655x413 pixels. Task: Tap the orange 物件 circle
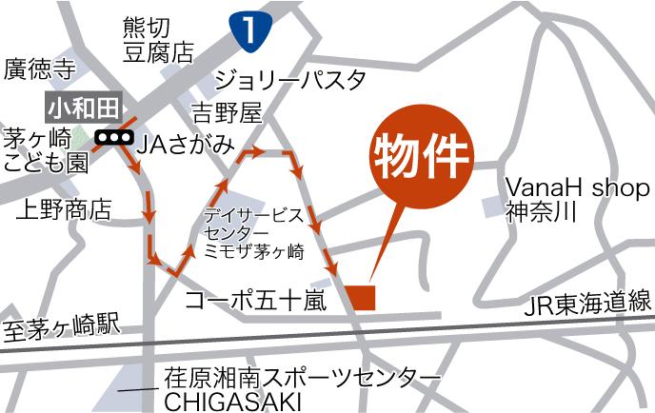coord(421,157)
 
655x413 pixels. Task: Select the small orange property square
coord(362,296)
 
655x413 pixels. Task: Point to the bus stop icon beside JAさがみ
coord(115,137)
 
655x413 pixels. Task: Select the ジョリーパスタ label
coord(290,79)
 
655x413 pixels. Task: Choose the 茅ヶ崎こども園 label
coord(46,150)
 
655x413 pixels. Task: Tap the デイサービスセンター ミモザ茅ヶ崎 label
coord(252,233)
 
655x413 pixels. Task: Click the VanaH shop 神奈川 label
coord(577,198)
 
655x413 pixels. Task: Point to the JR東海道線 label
coord(588,304)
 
